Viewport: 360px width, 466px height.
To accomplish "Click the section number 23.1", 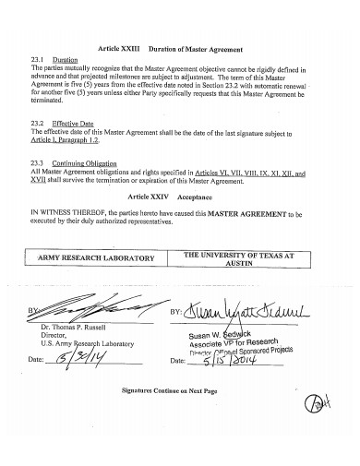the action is pyautogui.click(x=39, y=58).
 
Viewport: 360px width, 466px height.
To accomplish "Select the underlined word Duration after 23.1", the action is pyautogui.click(x=66, y=58).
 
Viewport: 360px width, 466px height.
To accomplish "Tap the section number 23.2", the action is pyautogui.click(x=39, y=123).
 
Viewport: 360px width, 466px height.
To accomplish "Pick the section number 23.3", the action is pyautogui.click(x=39, y=162).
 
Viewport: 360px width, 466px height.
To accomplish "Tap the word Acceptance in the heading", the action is pyautogui.click(x=195, y=197).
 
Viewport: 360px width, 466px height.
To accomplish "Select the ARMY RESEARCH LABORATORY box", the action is pyautogui.click(x=102, y=258).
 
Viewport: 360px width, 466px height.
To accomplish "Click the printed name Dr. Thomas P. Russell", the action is pyautogui.click(x=74, y=327).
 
